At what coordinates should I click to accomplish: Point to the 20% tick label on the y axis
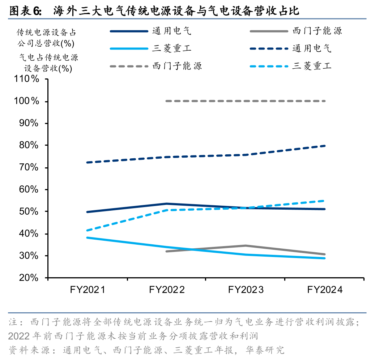click(29, 278)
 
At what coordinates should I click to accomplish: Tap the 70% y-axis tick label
click(29, 167)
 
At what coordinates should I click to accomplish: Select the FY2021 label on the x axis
click(87, 290)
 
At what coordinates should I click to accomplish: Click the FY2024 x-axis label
click(324, 290)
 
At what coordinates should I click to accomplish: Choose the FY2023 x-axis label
click(246, 290)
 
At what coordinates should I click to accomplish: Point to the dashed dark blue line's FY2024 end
click(324, 146)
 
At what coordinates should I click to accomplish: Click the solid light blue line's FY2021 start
click(87, 237)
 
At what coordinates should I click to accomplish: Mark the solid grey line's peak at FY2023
click(246, 246)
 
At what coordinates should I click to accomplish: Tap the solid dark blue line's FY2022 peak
click(166, 204)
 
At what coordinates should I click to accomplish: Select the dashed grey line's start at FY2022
click(166, 101)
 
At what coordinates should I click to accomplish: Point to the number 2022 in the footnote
click(19, 336)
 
